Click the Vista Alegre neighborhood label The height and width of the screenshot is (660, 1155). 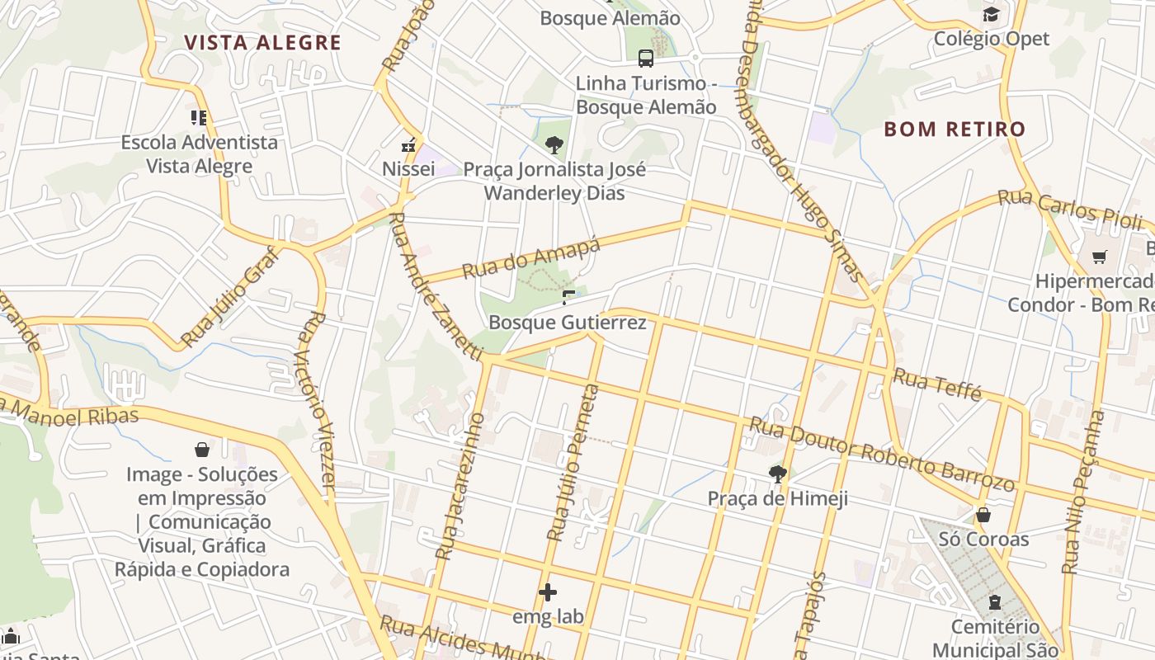click(262, 43)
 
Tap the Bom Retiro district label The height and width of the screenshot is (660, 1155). click(955, 129)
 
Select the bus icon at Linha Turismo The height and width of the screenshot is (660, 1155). click(646, 59)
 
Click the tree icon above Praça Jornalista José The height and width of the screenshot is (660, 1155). click(554, 146)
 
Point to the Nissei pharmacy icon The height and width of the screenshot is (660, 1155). click(408, 146)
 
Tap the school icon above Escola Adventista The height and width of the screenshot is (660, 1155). click(199, 118)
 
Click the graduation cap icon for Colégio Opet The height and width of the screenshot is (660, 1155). click(991, 15)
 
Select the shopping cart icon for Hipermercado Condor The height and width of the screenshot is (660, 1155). click(1099, 257)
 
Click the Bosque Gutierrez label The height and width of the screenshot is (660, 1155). click(568, 322)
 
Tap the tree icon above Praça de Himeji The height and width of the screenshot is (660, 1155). click(777, 474)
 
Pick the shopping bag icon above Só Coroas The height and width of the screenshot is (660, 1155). click(983, 516)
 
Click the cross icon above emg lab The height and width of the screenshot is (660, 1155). click(548, 592)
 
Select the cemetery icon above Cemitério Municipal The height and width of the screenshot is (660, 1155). click(994, 603)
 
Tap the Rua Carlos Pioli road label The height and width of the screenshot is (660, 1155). click(1070, 210)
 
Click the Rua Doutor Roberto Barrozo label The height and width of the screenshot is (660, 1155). click(880, 454)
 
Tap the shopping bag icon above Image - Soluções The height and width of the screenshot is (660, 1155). click(202, 450)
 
